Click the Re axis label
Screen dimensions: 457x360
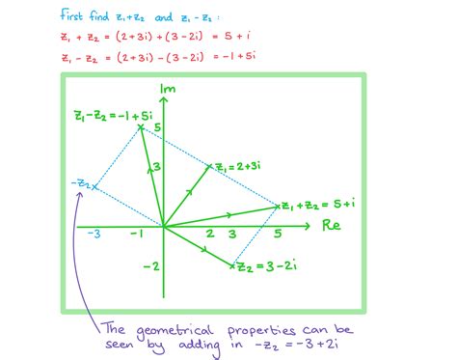tap(332, 227)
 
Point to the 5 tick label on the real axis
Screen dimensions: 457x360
tap(279, 235)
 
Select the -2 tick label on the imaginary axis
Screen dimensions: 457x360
tap(149, 266)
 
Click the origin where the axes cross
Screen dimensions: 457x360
tap(164, 227)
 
